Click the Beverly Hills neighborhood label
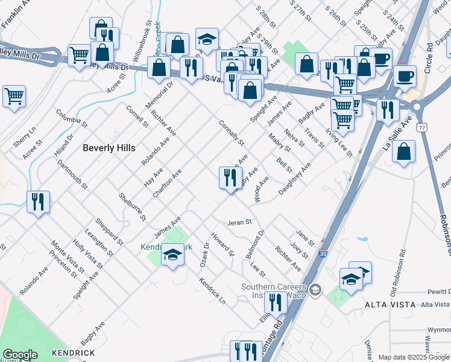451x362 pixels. pos(109,147)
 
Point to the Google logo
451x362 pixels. pos(20,355)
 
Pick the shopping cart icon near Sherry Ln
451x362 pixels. pos(14,96)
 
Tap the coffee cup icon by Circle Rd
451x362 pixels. pos(405,76)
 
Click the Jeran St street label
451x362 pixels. pos(239,223)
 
